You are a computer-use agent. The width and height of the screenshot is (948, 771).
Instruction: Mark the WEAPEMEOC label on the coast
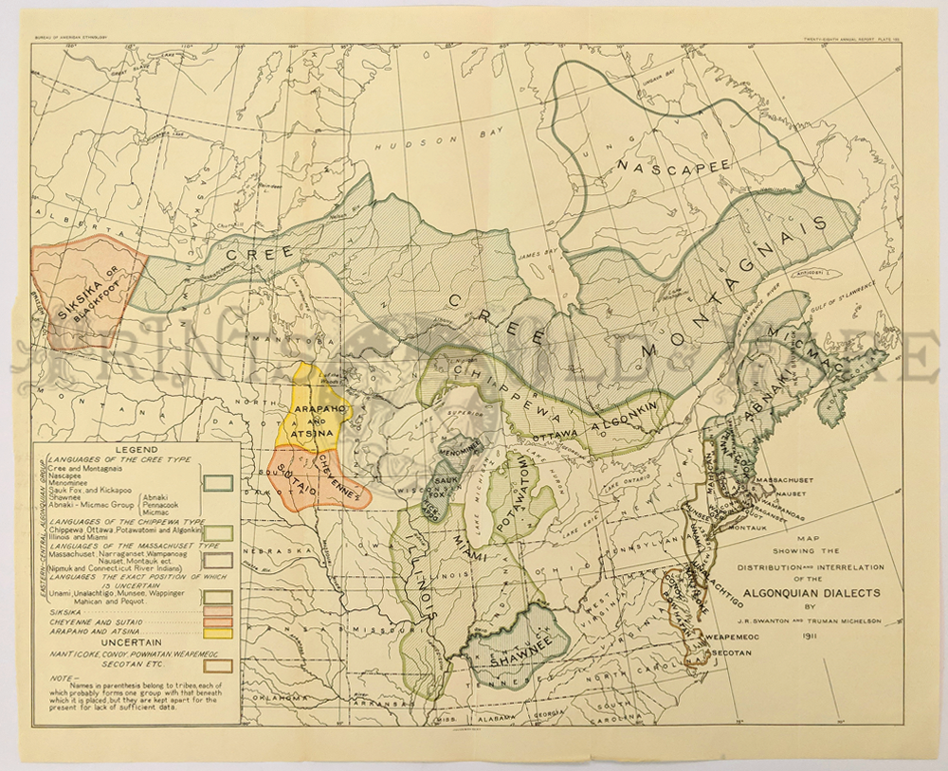click(x=736, y=638)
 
